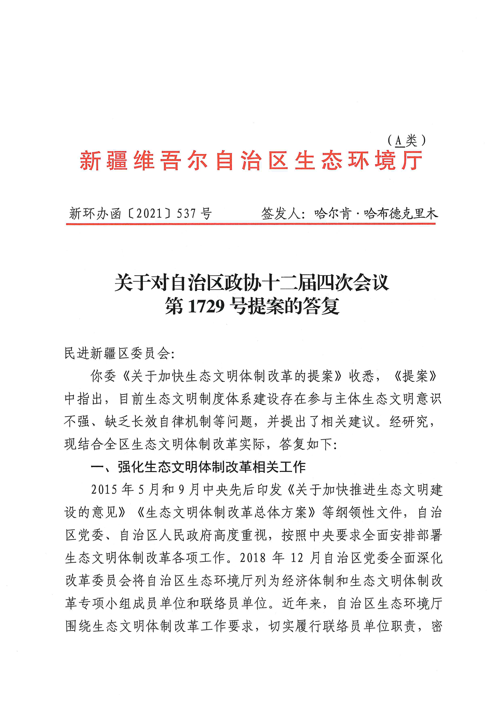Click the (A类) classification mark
coord(407,141)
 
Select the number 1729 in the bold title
coord(206,306)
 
